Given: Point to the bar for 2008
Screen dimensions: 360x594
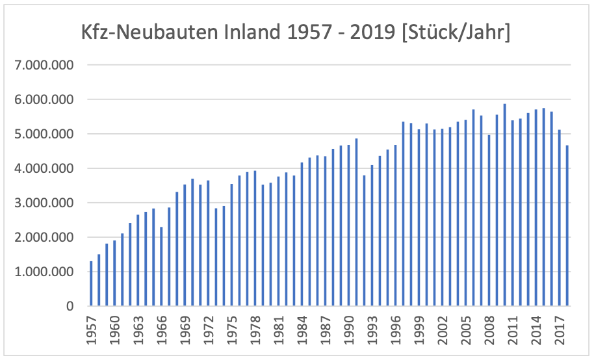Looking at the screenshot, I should coord(489,220).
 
